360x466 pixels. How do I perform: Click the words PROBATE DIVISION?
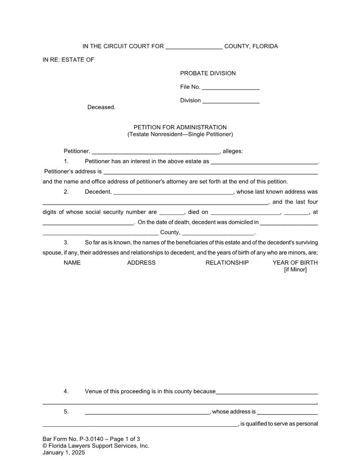click(208, 73)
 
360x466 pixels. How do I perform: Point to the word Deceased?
click(101, 107)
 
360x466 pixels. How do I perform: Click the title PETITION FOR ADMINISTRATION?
click(180, 128)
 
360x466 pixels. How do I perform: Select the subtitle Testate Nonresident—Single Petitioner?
click(180, 134)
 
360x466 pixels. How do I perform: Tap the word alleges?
click(232, 151)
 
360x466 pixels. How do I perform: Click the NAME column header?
click(72, 263)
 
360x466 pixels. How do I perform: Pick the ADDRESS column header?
click(141, 263)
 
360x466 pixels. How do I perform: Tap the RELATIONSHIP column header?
click(227, 263)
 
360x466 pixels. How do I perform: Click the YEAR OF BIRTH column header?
click(295, 263)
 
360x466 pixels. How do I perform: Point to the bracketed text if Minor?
click(295, 270)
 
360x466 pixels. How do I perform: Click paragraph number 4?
click(66, 391)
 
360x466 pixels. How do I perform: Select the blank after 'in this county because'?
click(267, 393)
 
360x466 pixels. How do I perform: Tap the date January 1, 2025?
click(64, 452)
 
